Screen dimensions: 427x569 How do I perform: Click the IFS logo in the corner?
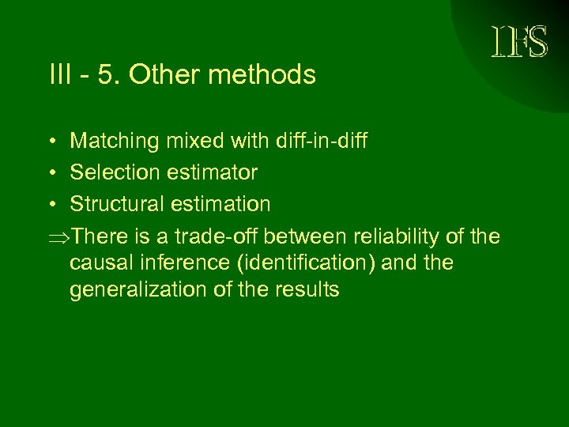pos(519,43)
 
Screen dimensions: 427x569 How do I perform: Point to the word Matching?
pos(114,142)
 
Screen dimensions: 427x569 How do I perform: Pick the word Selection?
pos(114,172)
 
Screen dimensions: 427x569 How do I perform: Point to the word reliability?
pos(393,236)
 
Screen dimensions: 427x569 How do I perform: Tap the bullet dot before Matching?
pos(50,142)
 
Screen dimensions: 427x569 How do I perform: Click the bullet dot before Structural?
pos(50,205)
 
